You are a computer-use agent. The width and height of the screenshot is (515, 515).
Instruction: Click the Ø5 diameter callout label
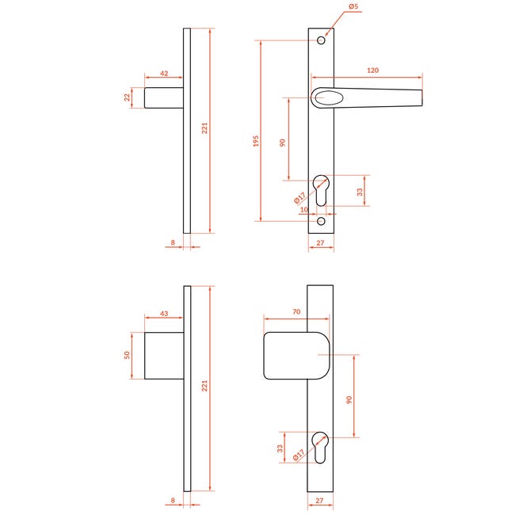[x=353, y=6]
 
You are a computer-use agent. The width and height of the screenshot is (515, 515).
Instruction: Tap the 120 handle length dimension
[x=373, y=71]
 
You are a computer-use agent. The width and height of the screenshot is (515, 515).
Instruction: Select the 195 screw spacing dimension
[x=256, y=140]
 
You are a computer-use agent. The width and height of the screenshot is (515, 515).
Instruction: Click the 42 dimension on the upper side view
[x=164, y=73]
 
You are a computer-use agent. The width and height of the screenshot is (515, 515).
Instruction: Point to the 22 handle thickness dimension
[x=127, y=97]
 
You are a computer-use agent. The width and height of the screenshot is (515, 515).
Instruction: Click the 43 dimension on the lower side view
[x=164, y=313]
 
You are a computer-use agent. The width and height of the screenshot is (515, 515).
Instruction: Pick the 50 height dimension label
[x=127, y=355]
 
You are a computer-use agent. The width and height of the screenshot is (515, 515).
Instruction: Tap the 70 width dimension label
[x=296, y=311]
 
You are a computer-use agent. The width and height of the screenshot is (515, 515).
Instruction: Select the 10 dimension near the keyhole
[x=304, y=209]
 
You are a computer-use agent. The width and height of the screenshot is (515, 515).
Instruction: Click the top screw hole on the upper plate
[x=321, y=40]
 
